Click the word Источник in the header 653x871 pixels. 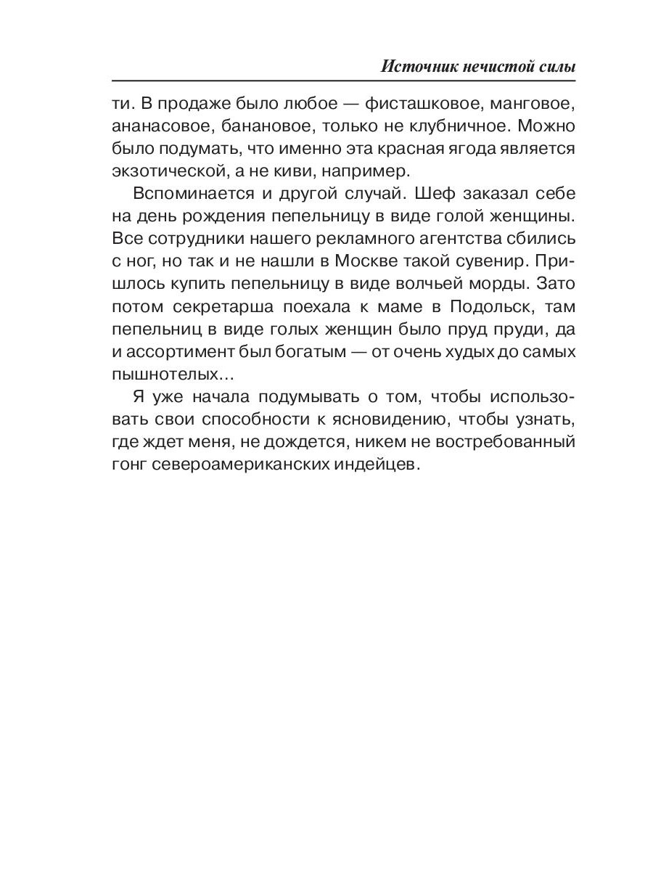416,66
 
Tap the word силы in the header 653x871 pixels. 556,66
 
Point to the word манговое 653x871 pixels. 535,105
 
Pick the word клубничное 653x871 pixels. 433,127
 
